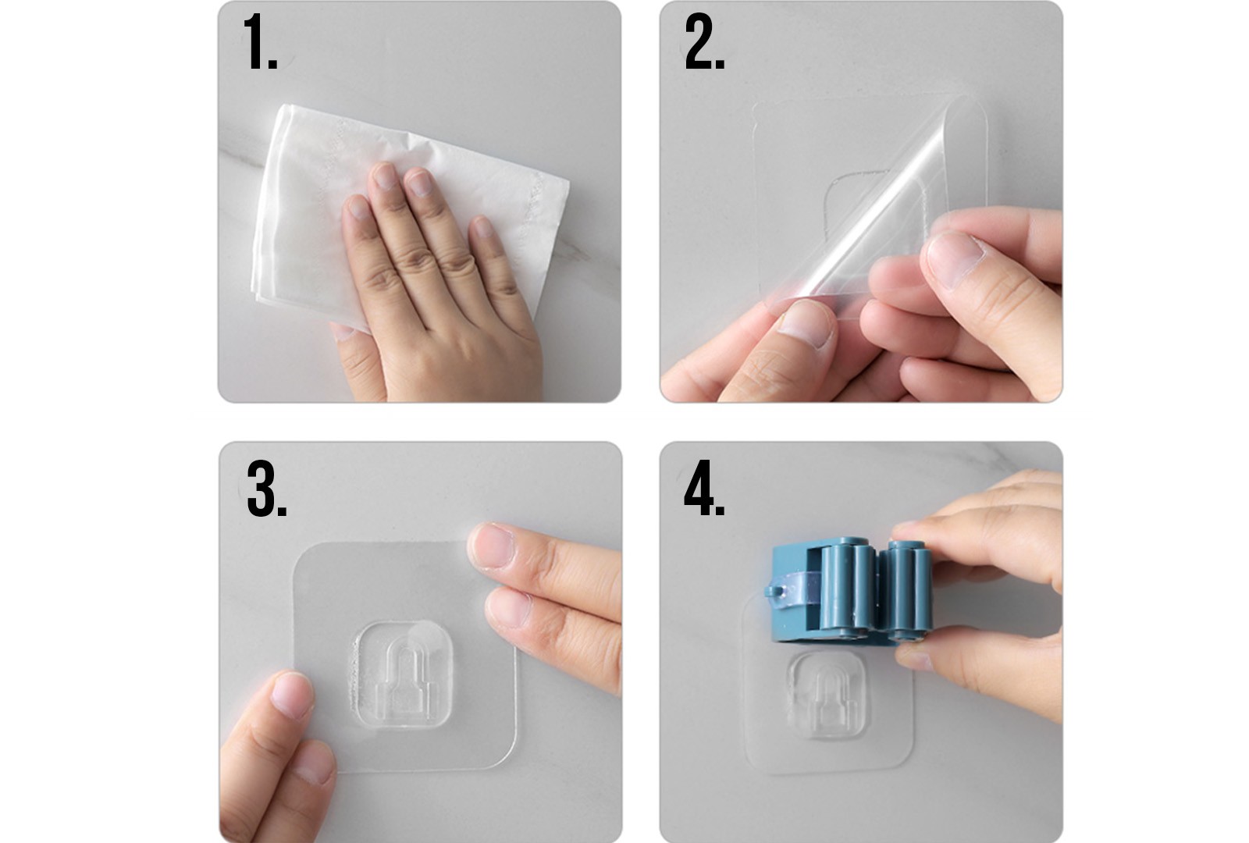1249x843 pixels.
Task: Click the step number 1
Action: (260, 42)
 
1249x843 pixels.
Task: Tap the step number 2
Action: (704, 42)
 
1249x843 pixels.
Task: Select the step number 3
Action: (266, 489)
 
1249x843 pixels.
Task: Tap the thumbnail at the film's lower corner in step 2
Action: (805, 322)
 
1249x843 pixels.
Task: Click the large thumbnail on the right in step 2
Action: (955, 260)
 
